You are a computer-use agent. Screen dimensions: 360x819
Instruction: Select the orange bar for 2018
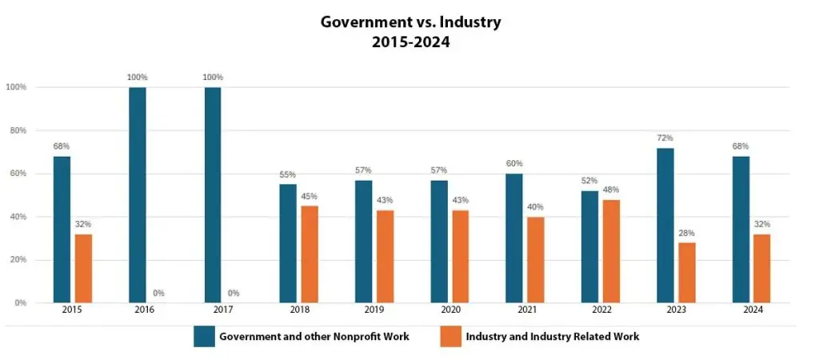310,254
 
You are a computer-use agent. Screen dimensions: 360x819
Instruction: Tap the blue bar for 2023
665,225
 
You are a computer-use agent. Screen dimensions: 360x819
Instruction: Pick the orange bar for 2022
611,250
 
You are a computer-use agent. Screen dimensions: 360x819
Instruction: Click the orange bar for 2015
83,268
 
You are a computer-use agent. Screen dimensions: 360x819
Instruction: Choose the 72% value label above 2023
665,138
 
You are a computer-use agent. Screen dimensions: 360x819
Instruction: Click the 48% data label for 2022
611,190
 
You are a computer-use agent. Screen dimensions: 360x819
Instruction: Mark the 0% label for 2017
234,293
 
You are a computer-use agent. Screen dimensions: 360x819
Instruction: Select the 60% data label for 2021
514,164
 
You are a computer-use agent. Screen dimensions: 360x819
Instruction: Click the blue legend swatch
204,337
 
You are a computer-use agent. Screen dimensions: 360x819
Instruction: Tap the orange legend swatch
450,337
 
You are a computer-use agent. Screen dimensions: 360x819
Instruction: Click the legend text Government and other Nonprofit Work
315,337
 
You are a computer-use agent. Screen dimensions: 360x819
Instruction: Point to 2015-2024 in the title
410,42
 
